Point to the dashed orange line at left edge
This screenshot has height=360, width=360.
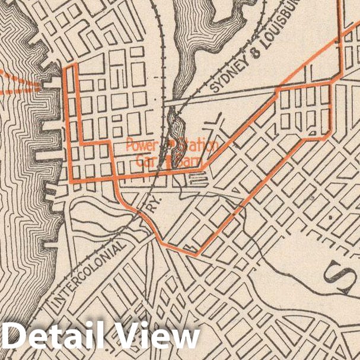pos(18,83)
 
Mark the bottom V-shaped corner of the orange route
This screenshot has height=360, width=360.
pos(196,254)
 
